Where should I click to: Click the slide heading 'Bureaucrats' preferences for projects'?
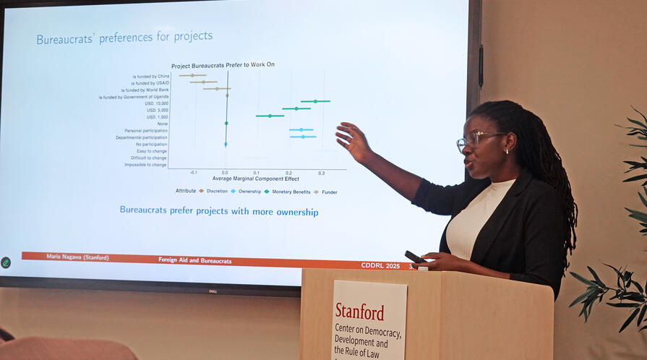point(124,37)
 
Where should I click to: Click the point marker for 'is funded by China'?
point(192,75)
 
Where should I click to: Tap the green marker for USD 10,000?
point(315,101)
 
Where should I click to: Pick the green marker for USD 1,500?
point(270,116)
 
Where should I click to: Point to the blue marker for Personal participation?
point(301,130)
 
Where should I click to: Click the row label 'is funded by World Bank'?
point(145,90)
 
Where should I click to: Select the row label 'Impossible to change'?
point(145,165)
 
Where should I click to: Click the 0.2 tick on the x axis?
point(288,173)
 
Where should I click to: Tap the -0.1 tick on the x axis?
point(193,173)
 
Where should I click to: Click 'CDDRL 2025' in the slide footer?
point(380,265)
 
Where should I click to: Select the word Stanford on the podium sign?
point(359,312)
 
